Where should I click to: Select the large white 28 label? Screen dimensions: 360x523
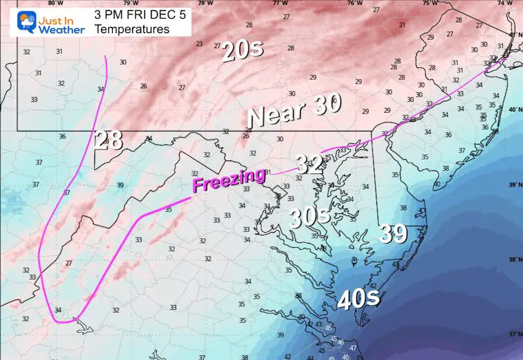[x=109, y=140]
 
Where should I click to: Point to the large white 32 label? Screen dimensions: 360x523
[x=310, y=164]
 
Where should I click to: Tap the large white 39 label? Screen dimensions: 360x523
[x=392, y=234]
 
